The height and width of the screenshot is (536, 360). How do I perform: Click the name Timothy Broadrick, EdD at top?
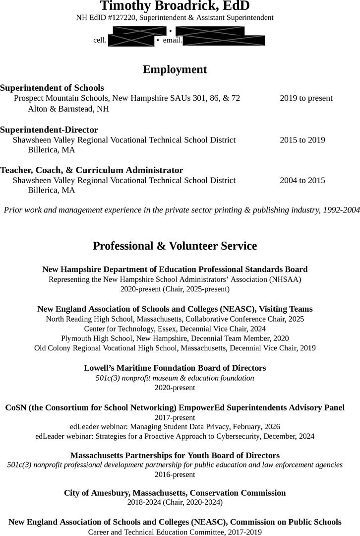175,6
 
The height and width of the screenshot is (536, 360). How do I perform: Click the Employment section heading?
175,69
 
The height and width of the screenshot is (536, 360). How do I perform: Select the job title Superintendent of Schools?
52,88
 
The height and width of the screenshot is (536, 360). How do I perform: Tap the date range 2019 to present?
306,98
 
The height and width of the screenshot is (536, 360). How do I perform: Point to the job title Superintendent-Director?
49,130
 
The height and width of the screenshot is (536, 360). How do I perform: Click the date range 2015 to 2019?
302,140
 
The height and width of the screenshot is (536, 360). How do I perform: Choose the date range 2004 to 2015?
302,180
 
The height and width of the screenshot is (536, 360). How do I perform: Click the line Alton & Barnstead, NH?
68,109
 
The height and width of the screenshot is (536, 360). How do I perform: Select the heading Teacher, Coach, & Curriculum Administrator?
92,170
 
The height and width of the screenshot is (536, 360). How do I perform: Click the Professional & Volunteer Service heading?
175,246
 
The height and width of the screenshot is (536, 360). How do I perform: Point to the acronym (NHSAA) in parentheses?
285,279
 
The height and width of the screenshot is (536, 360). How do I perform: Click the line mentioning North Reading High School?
175,319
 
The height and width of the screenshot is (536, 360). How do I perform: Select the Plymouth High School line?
175,338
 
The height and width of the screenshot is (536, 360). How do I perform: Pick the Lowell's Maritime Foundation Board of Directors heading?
175,368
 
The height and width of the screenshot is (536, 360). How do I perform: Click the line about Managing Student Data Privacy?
175,427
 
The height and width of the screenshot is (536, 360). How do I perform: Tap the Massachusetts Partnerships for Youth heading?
175,456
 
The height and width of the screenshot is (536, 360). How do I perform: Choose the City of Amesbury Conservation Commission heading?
175,493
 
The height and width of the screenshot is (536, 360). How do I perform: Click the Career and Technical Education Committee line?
175,532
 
